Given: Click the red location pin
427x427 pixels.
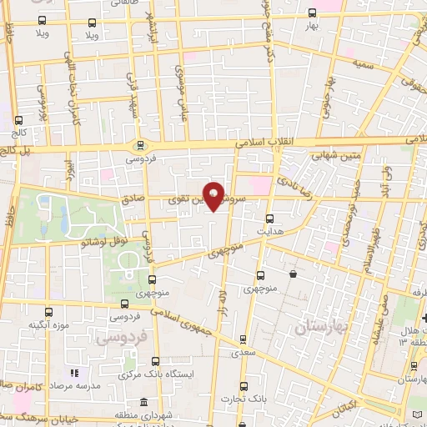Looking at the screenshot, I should (214, 196).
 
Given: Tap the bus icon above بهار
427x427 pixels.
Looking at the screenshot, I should (312, 13).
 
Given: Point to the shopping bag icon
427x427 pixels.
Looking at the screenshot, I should (293, 274).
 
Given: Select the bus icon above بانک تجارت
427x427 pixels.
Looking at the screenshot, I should (244, 386).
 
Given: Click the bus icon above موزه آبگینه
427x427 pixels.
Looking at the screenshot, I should (50, 311).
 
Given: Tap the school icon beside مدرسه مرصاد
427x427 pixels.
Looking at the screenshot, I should (74, 373).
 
